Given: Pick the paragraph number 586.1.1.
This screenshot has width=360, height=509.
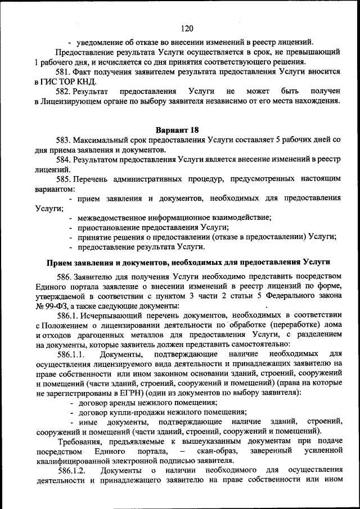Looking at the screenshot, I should (x=70, y=354).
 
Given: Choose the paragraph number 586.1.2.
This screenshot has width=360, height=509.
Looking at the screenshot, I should (x=70, y=470).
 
